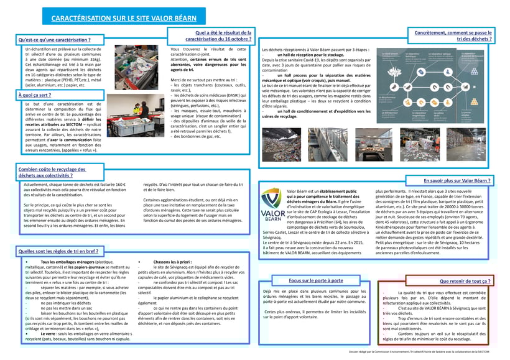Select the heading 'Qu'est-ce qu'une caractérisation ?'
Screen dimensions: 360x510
59,40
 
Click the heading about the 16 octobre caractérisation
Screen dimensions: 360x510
213,35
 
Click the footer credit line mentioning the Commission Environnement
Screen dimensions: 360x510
429,352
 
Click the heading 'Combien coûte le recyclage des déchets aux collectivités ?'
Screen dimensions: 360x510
53,173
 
